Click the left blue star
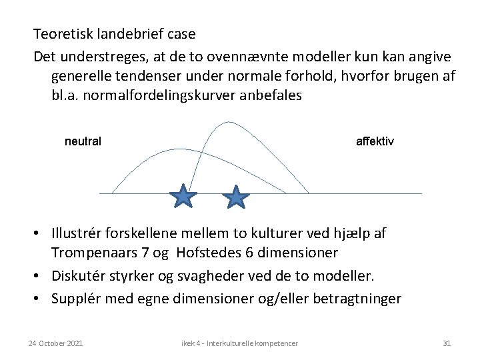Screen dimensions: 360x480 (183, 197)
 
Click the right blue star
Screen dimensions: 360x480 (236, 197)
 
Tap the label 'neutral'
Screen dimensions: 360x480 (83, 141)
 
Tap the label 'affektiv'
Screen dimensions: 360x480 (375, 141)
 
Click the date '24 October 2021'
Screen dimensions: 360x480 (56, 343)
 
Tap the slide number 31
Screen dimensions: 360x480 (447, 343)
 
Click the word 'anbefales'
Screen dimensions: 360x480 (273, 95)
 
